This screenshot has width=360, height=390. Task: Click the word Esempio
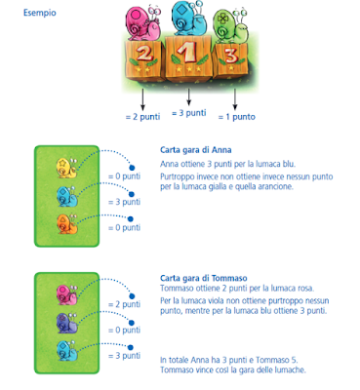(40, 13)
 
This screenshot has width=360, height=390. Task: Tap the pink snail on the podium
(143, 23)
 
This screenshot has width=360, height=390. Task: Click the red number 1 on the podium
(186, 53)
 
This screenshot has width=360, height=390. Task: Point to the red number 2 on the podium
(143, 54)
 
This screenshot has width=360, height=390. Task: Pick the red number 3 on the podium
(230, 56)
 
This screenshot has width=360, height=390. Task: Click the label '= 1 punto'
(237, 117)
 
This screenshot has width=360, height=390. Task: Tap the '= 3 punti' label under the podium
(189, 113)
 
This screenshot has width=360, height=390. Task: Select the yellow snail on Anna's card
(67, 168)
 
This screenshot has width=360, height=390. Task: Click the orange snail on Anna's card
(67, 223)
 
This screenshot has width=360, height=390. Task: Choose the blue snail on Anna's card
(67, 196)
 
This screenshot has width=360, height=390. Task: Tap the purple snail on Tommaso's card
(67, 323)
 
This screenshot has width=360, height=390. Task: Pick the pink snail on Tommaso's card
(67, 294)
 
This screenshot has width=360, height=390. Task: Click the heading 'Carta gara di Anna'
(196, 150)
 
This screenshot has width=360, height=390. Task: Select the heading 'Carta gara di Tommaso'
(204, 278)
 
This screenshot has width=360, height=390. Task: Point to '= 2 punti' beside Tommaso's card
(124, 304)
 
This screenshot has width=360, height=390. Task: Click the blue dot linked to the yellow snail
(132, 168)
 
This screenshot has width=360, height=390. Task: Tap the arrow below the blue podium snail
(189, 97)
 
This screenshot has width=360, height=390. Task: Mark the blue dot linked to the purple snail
(132, 323)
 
